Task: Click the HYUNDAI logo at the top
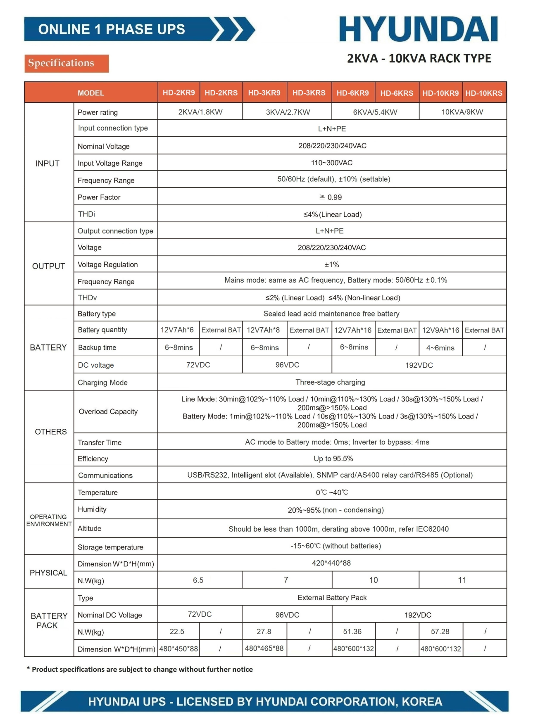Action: click(418, 29)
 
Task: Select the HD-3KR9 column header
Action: click(264, 93)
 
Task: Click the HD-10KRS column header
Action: click(484, 93)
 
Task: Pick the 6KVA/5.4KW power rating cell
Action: click(375, 112)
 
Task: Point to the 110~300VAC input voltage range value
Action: click(332, 163)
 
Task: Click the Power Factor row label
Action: click(99, 197)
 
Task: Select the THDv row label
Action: click(87, 297)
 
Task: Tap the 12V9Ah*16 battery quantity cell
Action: click(440, 330)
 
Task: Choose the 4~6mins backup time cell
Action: click(440, 348)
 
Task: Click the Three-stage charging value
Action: click(330, 382)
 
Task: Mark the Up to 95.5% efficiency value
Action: click(333, 459)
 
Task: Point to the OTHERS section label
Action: click(50, 432)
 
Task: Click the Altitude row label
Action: click(90, 528)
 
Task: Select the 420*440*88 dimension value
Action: click(331, 563)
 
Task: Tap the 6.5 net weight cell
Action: click(198, 580)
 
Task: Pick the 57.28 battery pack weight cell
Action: click(440, 632)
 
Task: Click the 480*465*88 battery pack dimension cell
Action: click(264, 649)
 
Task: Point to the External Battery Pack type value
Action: click(332, 598)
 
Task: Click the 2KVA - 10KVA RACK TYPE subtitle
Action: click(419, 59)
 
